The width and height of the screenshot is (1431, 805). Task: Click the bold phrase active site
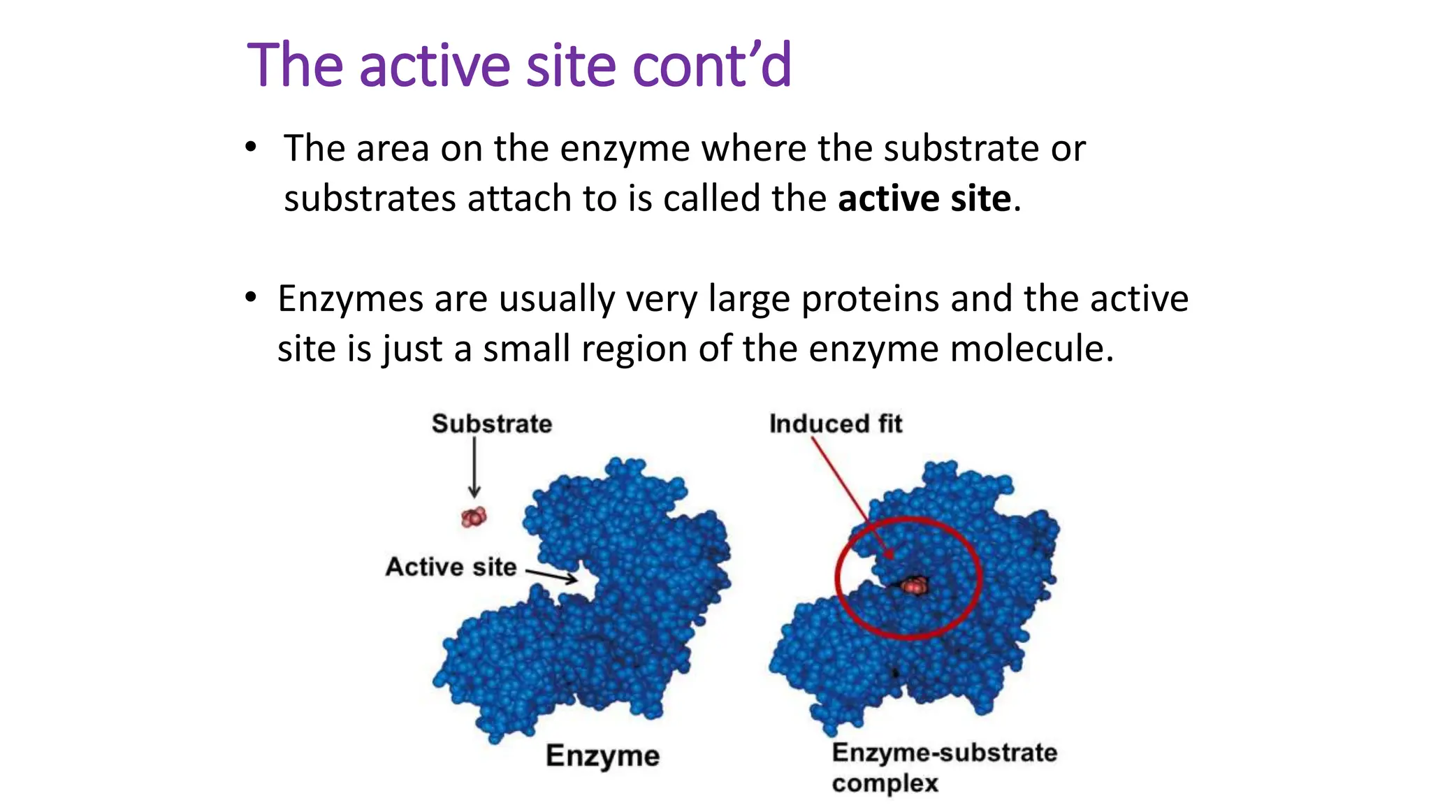click(x=924, y=198)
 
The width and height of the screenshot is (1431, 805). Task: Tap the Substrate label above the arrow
click(x=491, y=423)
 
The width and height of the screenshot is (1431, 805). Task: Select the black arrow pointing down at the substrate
click(x=474, y=467)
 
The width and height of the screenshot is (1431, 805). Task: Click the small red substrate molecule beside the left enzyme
click(x=474, y=517)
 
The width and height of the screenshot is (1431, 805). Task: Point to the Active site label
click(x=451, y=567)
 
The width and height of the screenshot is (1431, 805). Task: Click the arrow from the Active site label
click(x=551, y=575)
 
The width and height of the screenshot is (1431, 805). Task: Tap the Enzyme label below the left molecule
click(x=602, y=755)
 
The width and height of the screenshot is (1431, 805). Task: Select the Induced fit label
click(x=835, y=423)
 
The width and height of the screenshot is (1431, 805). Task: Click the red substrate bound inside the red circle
click(x=914, y=586)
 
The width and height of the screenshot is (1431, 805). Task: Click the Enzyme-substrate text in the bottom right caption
click(x=944, y=753)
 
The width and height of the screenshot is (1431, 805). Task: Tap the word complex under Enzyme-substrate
click(x=885, y=783)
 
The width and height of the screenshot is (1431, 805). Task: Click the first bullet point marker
click(x=251, y=148)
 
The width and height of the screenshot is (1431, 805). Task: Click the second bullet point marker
click(x=251, y=298)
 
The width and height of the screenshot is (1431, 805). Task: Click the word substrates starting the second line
click(x=370, y=198)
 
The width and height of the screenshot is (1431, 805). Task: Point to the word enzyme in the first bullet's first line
click(x=625, y=149)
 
